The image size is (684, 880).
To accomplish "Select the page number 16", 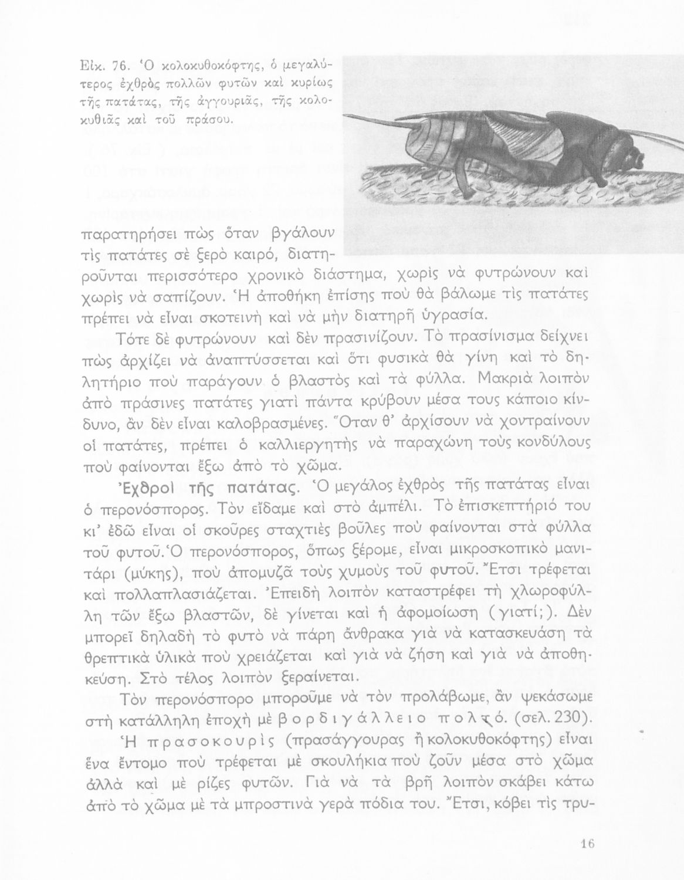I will (587, 844).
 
